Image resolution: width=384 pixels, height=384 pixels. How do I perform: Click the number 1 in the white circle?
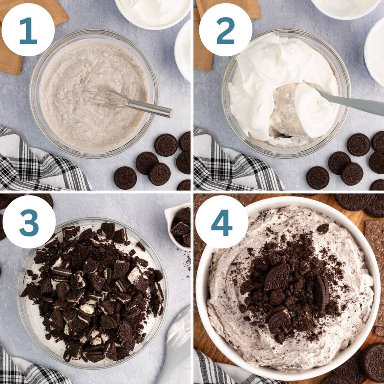[x=28, y=30]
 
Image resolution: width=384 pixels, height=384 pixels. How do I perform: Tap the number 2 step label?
[x=226, y=30]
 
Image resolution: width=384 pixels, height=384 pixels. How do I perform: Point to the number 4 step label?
[x=222, y=223]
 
